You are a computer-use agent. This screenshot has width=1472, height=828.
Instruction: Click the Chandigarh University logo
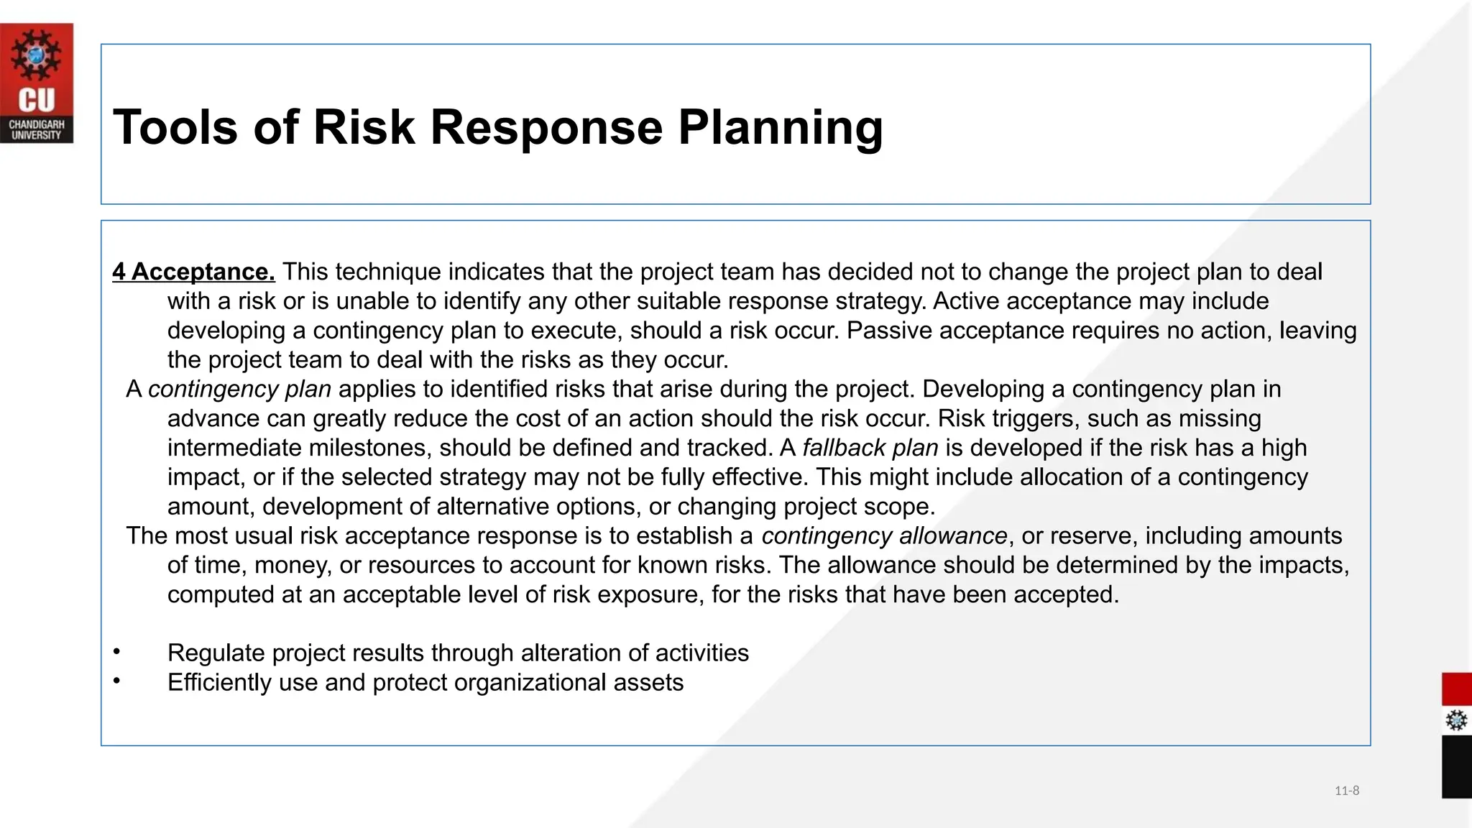36,83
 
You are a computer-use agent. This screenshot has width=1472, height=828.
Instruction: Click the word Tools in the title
175,127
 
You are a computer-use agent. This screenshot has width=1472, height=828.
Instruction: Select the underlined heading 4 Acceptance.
193,272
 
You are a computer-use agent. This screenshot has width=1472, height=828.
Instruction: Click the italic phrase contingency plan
239,389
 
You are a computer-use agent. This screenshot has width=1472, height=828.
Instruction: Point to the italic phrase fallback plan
870,448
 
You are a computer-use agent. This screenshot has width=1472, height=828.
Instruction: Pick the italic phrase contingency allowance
884,535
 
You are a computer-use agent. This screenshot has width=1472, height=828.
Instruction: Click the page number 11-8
1346,791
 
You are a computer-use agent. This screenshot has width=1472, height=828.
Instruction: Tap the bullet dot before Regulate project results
116,651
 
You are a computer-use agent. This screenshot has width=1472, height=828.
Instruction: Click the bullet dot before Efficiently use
116,681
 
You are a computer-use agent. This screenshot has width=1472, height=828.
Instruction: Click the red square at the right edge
1456,689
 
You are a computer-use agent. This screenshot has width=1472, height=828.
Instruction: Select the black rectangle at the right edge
1456,766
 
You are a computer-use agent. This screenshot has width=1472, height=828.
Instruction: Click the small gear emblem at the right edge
1456,720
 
